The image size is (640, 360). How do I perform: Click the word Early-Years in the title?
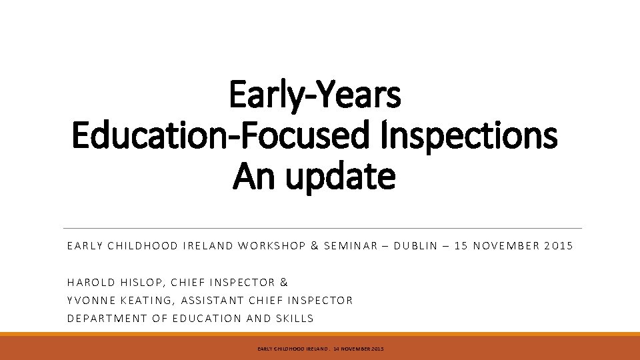(x=315, y=95)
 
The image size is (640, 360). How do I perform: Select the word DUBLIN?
(x=417, y=246)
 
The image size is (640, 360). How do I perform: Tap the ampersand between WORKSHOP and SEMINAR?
(x=314, y=246)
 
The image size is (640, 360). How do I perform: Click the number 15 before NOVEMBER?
(x=461, y=246)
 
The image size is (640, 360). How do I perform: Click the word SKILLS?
(x=292, y=318)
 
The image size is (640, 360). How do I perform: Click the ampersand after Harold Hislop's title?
(x=283, y=283)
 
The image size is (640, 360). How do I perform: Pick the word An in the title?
(x=251, y=177)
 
